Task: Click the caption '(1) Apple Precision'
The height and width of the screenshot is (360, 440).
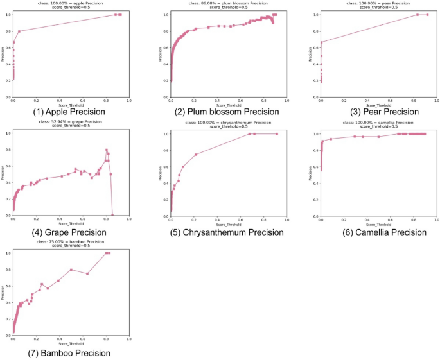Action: [x=71, y=112]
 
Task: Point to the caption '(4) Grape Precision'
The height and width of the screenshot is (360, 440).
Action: [x=71, y=232]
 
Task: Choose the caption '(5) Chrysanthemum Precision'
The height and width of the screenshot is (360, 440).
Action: [x=229, y=232]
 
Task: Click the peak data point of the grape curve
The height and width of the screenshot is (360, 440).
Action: [x=107, y=150]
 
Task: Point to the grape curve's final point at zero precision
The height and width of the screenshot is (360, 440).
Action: [x=112, y=216]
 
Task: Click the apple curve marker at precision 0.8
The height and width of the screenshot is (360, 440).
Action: [x=19, y=31]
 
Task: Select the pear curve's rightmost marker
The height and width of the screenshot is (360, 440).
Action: [x=427, y=15]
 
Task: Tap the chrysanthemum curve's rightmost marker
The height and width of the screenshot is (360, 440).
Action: [x=277, y=134]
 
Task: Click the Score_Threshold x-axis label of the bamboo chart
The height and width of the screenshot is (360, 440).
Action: [x=71, y=343]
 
